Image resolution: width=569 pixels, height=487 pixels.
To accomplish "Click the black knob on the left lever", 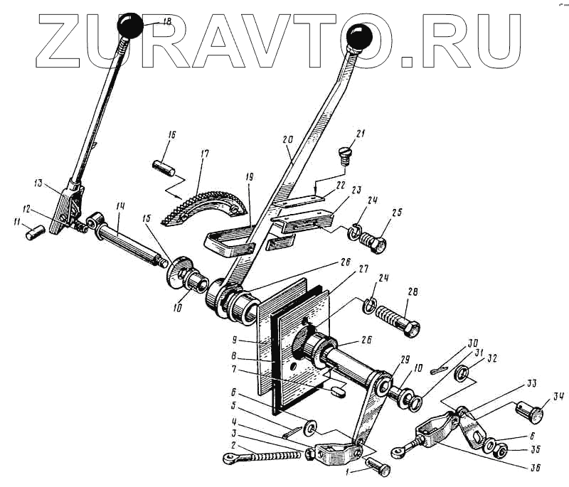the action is (133, 27).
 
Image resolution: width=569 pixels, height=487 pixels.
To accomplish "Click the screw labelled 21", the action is (344, 152).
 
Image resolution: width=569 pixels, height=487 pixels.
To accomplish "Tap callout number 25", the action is (397, 214).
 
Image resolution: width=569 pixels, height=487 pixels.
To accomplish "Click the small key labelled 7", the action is (338, 388).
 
